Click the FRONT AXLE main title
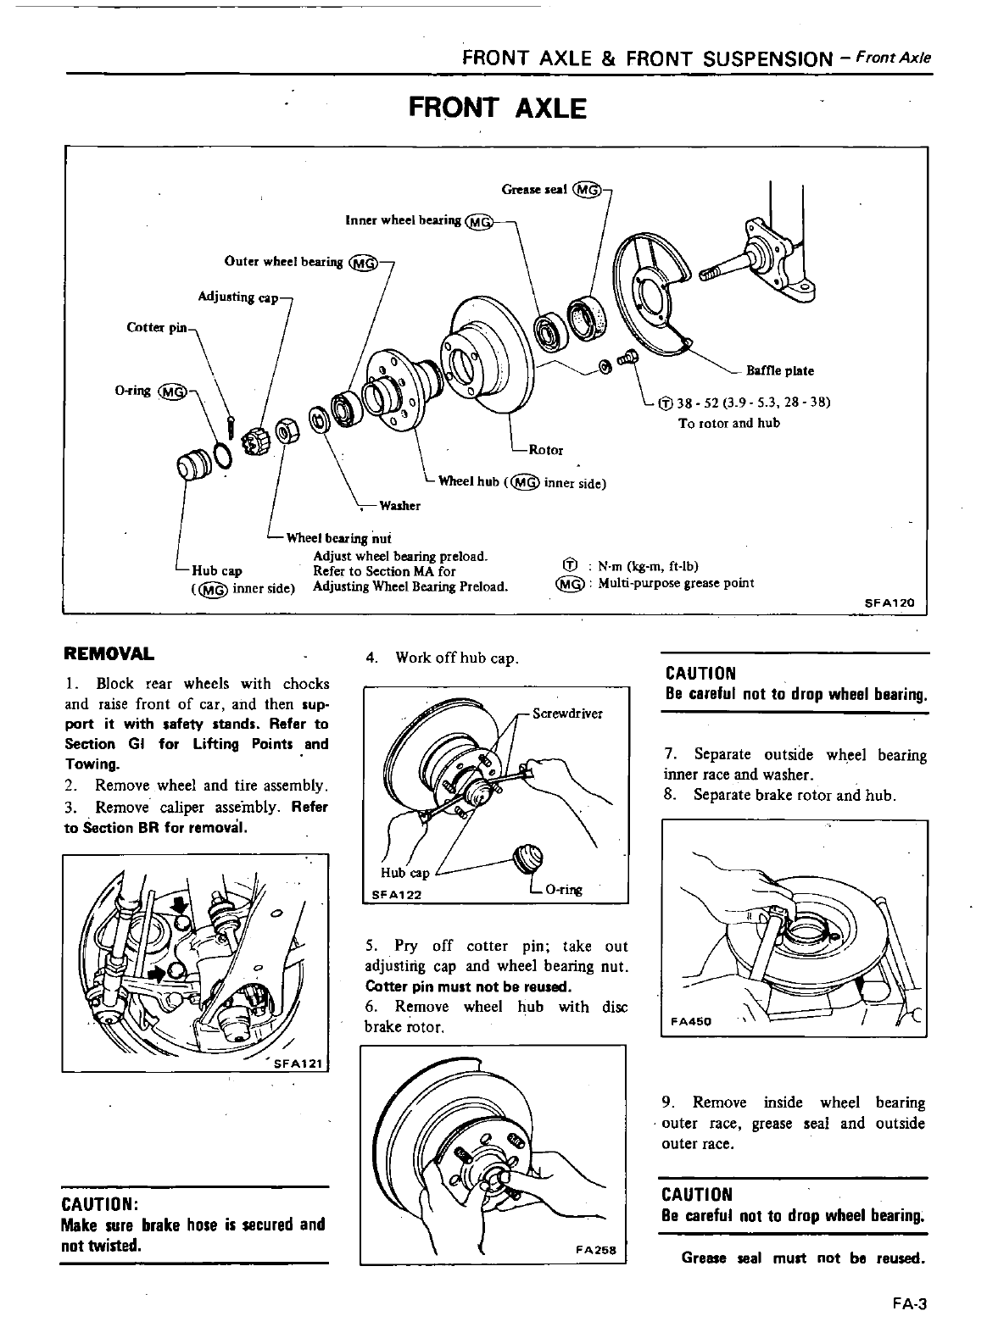[x=497, y=108]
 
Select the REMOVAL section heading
[x=109, y=653]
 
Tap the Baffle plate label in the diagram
[x=779, y=370]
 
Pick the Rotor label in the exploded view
[x=545, y=449]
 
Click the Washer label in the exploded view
[x=399, y=506]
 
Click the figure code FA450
[x=694, y=1021]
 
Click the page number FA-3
[x=911, y=1305]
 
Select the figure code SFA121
[x=295, y=1066]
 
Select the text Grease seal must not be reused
[x=803, y=1258]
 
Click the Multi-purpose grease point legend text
[x=675, y=583]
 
